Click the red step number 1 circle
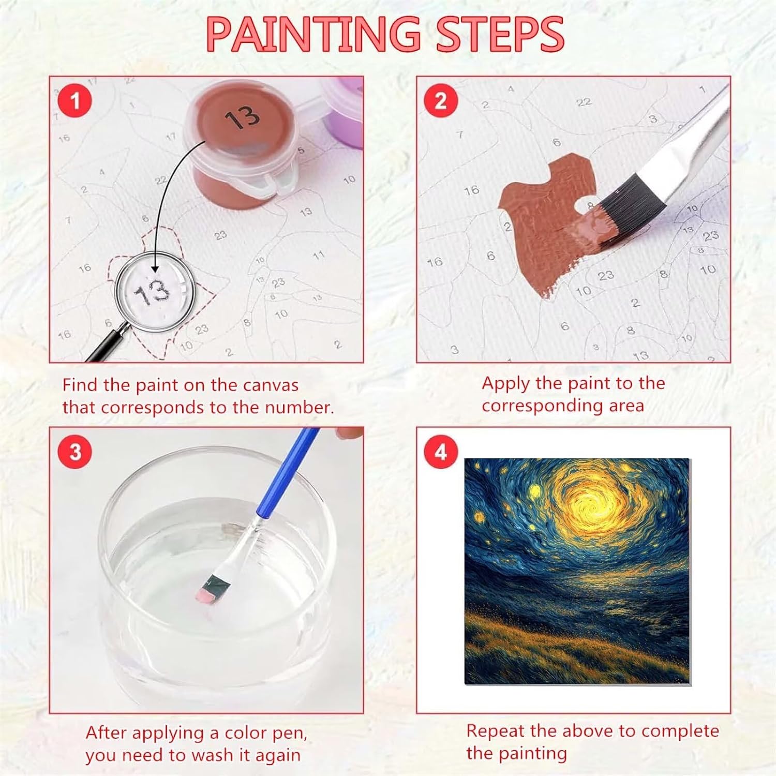76,100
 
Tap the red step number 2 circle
441,100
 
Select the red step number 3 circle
76,452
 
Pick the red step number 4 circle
441,452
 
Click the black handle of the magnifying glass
106,344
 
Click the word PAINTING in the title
313,34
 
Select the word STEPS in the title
500,34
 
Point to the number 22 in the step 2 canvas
584,102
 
